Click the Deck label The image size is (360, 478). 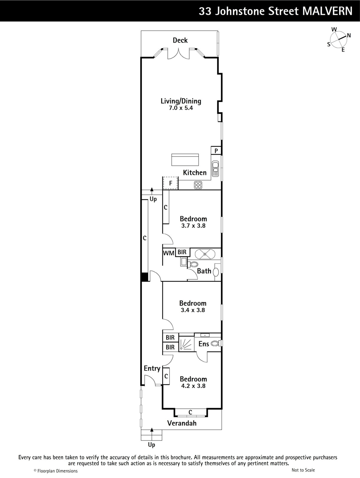tap(180, 40)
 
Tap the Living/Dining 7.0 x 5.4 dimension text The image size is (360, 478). tap(181, 108)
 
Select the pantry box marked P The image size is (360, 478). tap(216, 151)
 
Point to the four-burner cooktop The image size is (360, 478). tap(198, 185)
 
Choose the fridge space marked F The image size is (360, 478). tap(171, 183)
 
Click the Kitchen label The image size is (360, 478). tap(195, 173)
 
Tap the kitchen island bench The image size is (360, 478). tap(185, 160)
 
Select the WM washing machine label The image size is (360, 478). tap(169, 253)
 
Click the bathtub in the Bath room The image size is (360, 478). tap(205, 254)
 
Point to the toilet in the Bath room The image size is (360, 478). tap(193, 264)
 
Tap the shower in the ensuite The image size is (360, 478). tap(186, 344)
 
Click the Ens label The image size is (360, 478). tap(204, 344)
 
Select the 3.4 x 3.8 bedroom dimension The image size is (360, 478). tap(193, 310)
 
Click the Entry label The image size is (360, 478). tap(152, 368)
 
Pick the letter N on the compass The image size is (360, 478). tap(349, 35)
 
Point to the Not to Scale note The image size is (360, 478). tap(303, 470)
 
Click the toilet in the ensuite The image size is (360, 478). tap(215, 344)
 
